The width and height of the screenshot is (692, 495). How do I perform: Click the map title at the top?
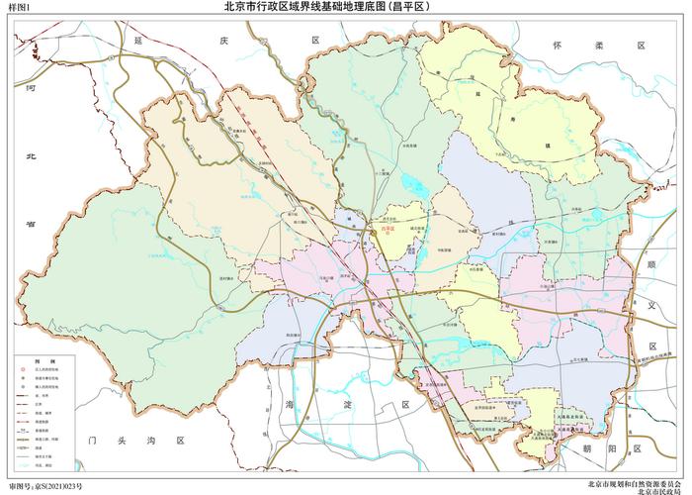tap(345, 8)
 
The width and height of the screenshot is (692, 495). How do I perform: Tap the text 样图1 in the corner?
tap(17, 9)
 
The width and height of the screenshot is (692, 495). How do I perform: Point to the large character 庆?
tap(222, 41)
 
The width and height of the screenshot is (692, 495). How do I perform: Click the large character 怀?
tap(557, 46)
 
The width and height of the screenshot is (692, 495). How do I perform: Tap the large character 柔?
tap(598, 46)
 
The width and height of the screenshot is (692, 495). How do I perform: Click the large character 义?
tap(652, 306)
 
